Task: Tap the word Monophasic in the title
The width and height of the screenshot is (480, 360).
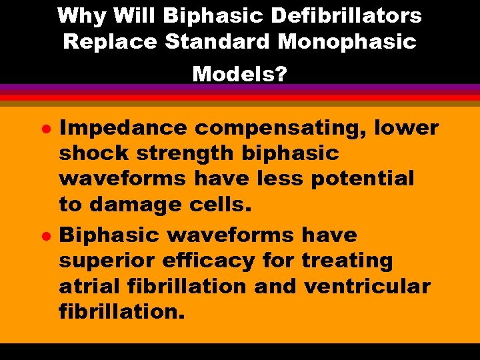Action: coord(347,41)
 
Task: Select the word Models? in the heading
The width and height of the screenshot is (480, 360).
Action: coord(239,73)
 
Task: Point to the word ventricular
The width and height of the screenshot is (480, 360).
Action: coord(367,286)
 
